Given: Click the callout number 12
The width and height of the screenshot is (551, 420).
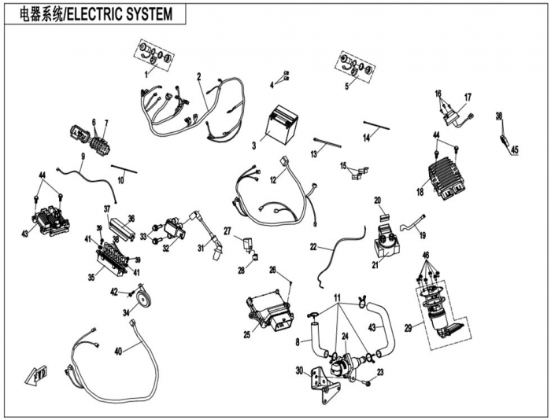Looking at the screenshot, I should pos(274,179).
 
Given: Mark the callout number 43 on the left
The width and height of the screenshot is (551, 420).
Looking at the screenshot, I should pos(24,234).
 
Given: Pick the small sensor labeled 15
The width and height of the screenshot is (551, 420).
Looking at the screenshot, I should pos(361,171).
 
